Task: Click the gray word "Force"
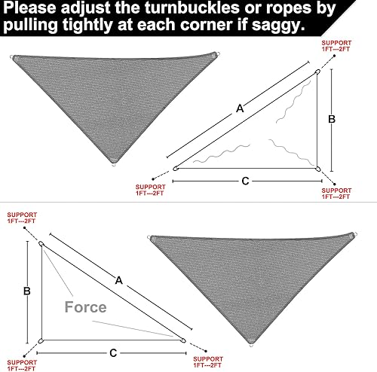point(85,306)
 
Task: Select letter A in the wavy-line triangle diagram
point(240,108)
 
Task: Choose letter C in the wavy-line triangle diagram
point(246,180)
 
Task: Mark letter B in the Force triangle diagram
point(26,290)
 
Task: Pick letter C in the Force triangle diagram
point(112,352)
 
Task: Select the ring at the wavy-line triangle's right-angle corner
point(318,169)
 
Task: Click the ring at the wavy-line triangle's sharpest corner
point(176,169)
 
